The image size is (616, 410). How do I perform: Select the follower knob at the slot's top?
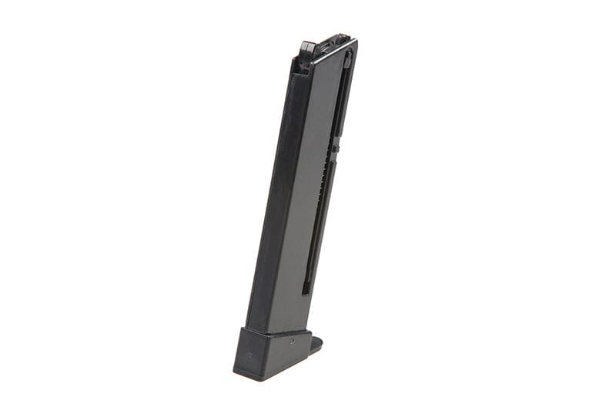tap(347, 57)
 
